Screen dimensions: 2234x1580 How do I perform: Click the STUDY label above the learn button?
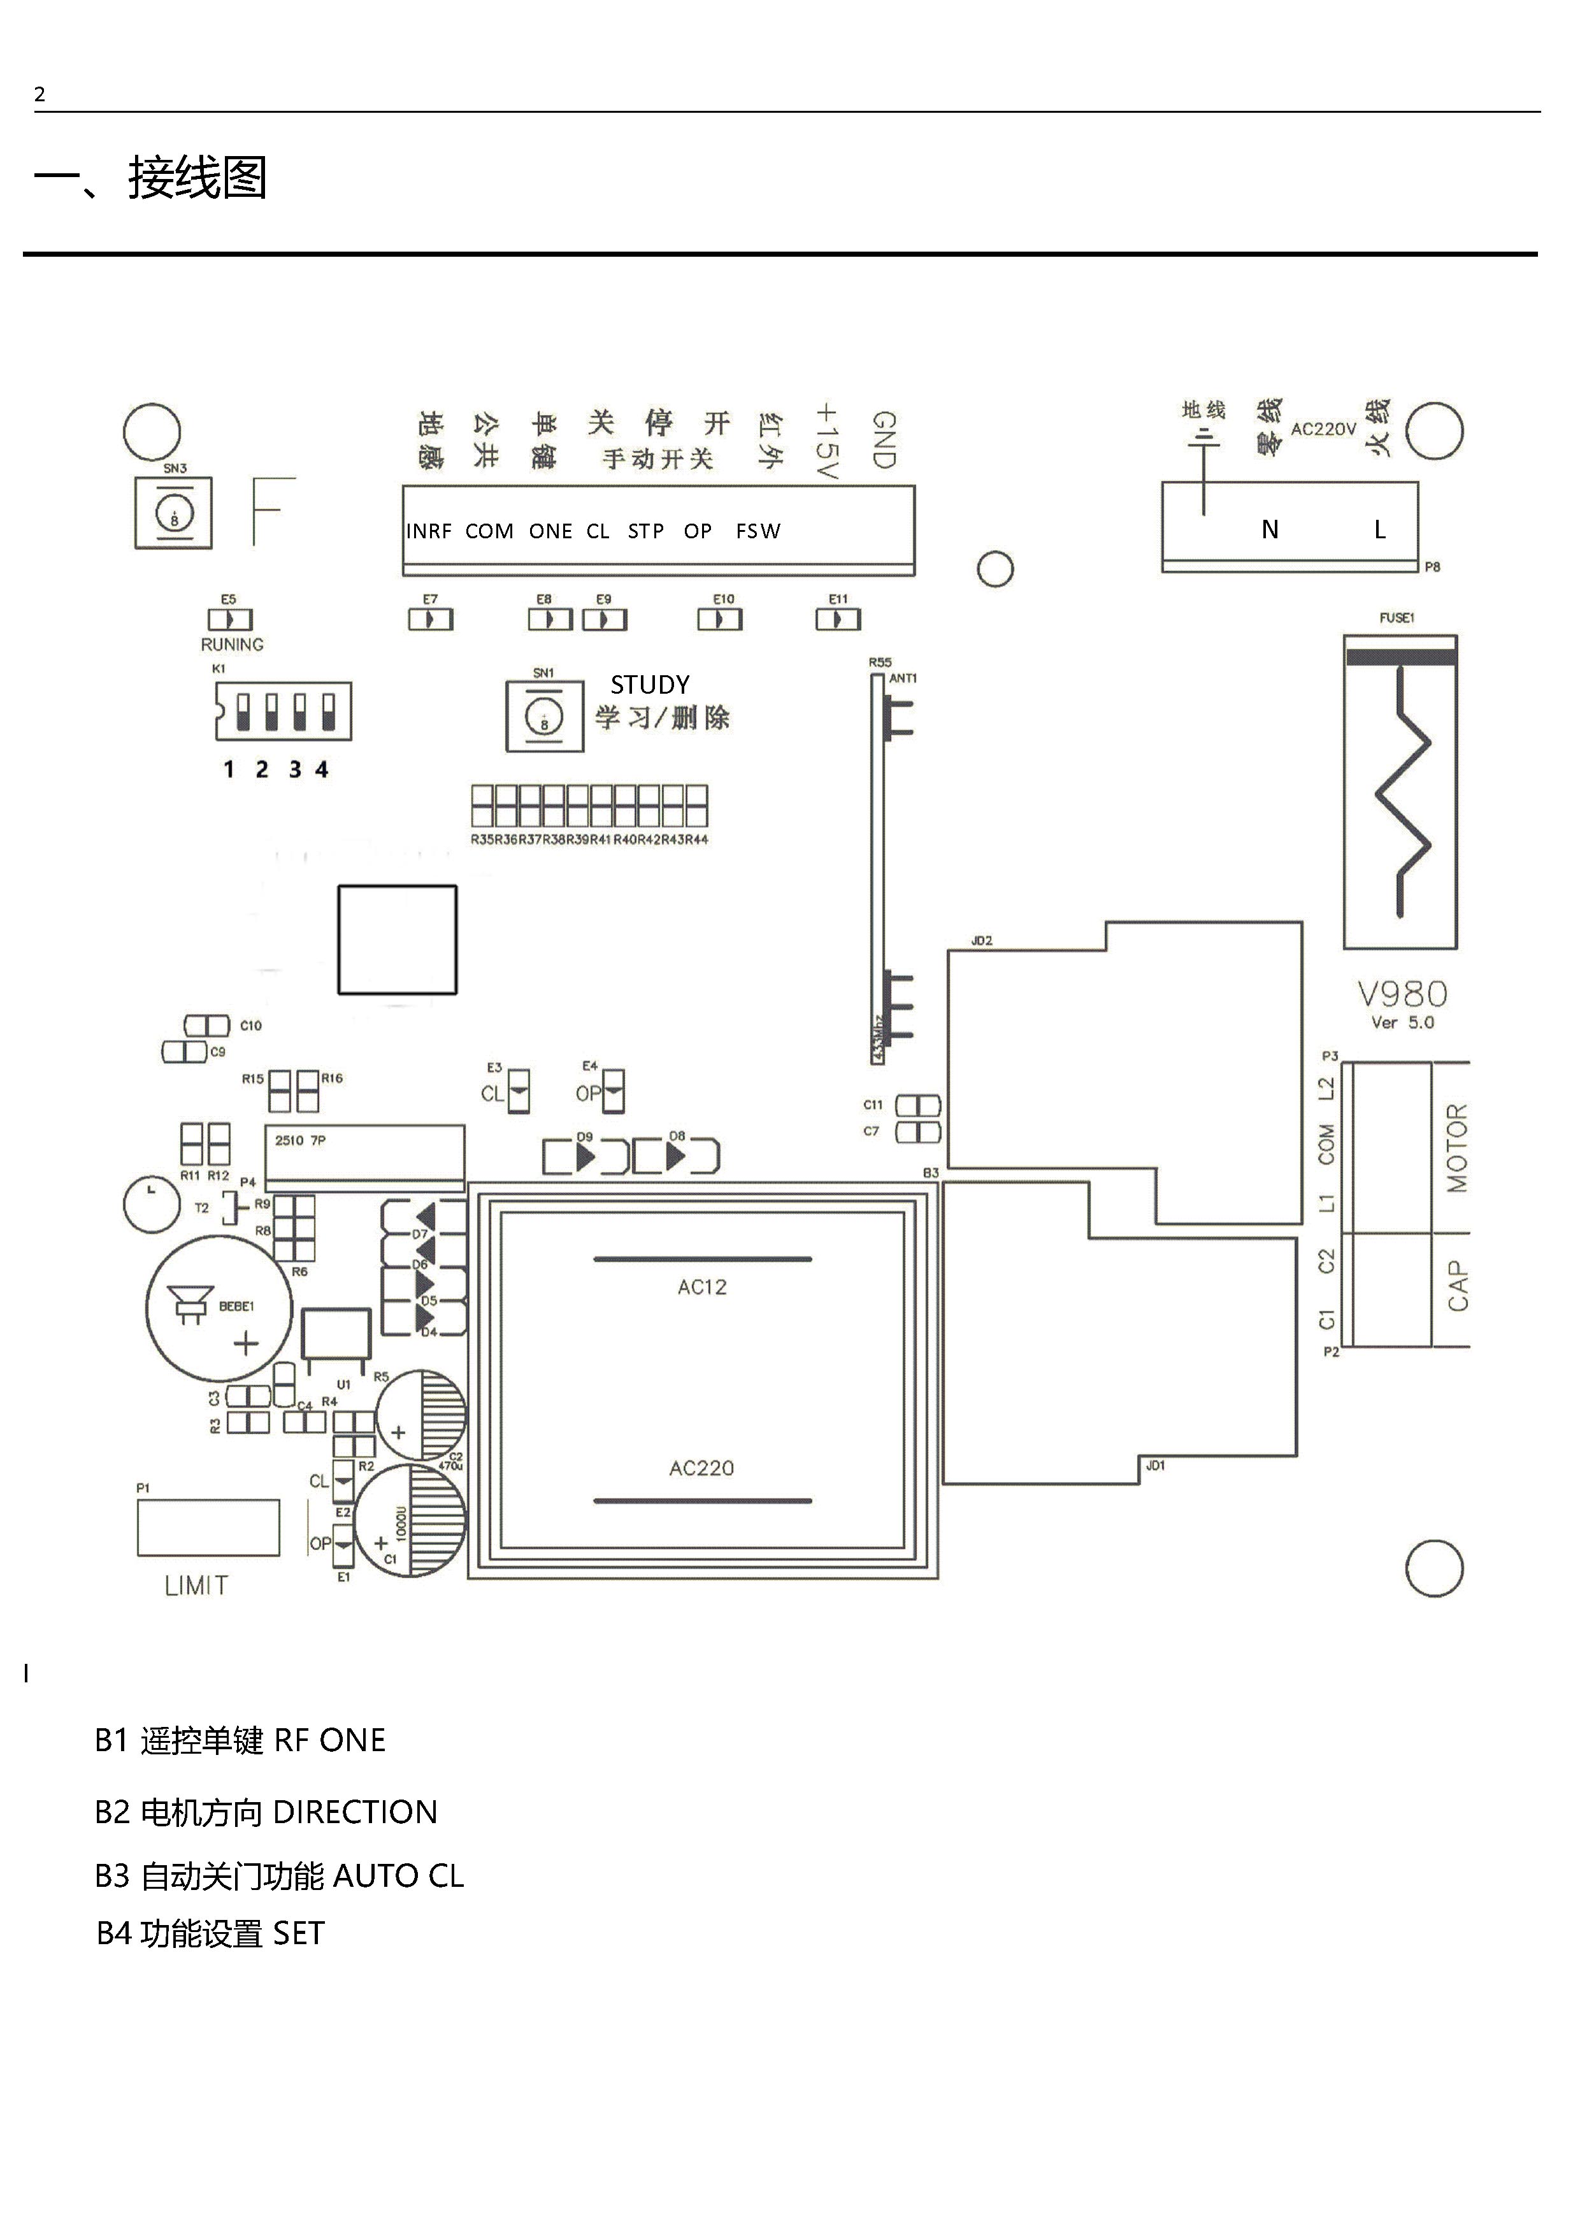pos(650,685)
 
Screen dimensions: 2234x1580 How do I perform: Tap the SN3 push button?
pos(174,513)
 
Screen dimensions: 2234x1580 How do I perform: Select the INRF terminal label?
pos(429,531)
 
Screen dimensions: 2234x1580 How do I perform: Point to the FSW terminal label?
pos(758,531)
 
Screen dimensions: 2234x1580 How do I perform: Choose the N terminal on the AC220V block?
pos(1270,529)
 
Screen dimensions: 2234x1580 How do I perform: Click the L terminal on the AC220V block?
pos(1379,529)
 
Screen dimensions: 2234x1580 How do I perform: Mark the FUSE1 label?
pos(1396,618)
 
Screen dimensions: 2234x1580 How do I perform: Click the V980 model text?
pos(1402,994)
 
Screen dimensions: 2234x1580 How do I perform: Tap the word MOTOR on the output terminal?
pos(1456,1148)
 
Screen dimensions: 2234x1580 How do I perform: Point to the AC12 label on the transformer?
pos(701,1287)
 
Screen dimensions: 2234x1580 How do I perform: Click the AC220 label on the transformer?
pos(701,1468)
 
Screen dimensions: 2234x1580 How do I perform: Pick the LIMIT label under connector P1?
pos(196,1586)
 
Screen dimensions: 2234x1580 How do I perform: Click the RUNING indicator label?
pos(231,645)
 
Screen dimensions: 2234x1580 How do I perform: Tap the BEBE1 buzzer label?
pos(236,1307)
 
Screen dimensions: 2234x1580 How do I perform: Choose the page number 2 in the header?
pos(40,94)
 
